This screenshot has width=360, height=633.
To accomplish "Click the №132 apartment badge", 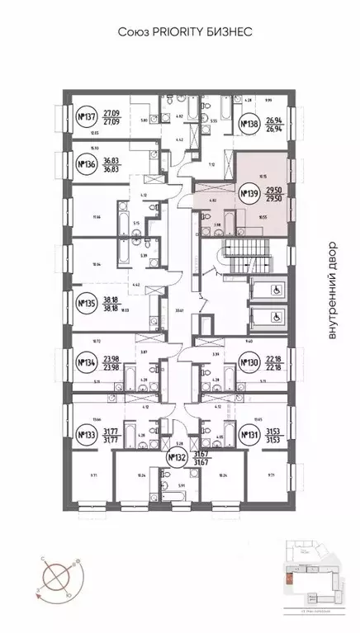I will coord(175,459).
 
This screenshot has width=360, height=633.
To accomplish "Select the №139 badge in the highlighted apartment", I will coord(249,195).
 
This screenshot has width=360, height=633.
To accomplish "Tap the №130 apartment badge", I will coord(249,361).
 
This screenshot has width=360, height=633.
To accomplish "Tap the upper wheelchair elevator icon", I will coord(270,289).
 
